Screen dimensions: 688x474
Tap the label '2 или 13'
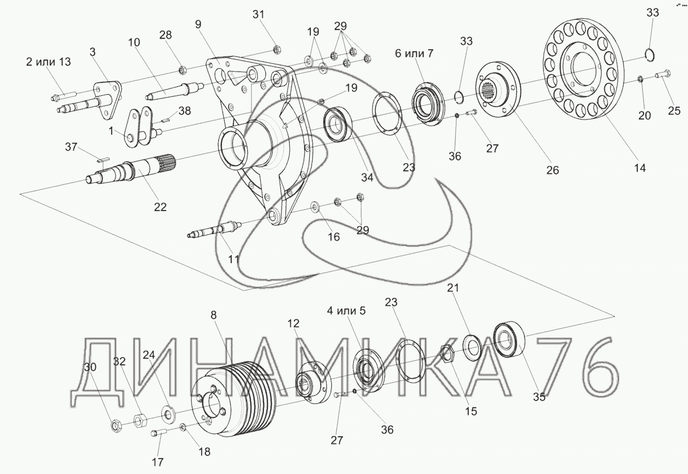point(49,63)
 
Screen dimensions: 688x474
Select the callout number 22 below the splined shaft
point(160,206)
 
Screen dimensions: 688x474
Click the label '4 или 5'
point(346,311)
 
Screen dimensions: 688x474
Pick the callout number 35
point(539,397)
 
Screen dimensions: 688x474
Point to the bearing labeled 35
point(510,339)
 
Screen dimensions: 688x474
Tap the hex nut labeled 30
point(116,425)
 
